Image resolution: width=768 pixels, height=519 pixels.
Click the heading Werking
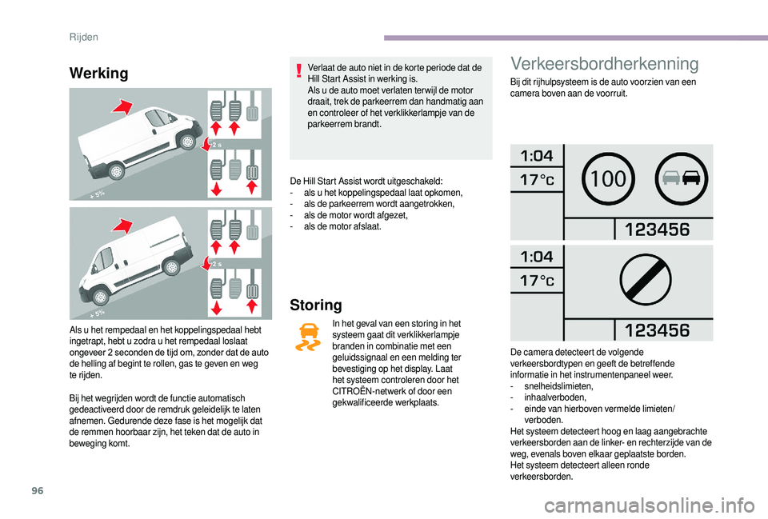(x=99, y=74)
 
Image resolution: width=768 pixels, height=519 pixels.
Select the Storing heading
(x=316, y=305)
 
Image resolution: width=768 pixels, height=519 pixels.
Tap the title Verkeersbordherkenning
(x=603, y=64)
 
